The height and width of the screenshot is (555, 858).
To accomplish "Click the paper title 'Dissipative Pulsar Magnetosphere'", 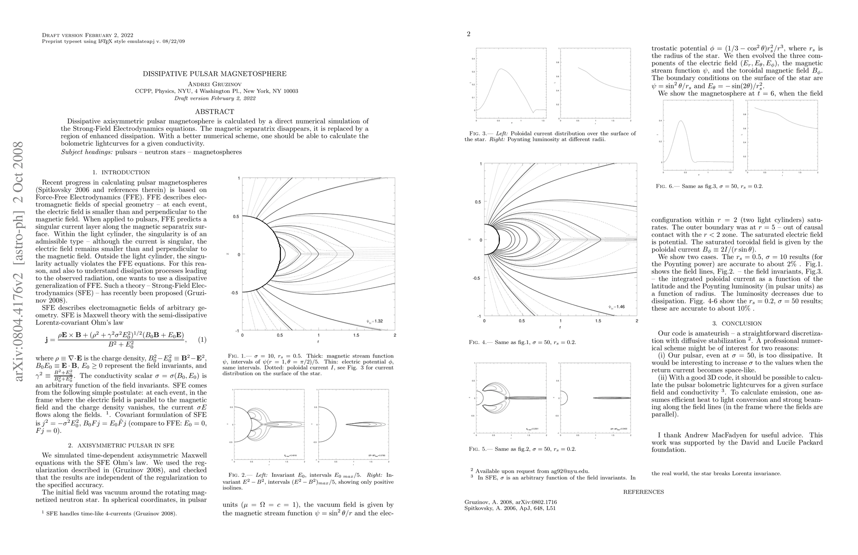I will click(x=214, y=74).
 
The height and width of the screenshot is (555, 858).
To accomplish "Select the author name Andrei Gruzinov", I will click(x=214, y=84).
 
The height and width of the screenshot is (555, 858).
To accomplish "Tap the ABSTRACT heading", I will click(x=214, y=111).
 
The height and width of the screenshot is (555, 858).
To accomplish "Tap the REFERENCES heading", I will click(x=643, y=492).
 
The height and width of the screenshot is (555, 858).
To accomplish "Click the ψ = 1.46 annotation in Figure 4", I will click(x=617, y=306).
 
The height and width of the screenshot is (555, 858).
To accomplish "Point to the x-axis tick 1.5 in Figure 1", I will click(x=356, y=334).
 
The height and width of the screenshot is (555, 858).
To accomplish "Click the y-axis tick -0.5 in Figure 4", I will click(x=476, y=278).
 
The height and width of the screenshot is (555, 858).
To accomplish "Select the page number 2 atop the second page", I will click(x=468, y=34).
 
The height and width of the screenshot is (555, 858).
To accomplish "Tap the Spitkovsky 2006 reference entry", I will click(x=510, y=508).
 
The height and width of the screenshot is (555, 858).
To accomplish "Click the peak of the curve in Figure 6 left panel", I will click(x=681, y=121).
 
